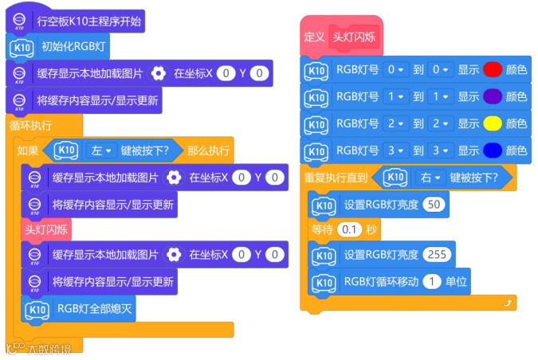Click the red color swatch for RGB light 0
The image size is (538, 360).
[493, 70]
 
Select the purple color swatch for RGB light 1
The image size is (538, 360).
[493, 96]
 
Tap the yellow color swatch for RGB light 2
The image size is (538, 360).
[493, 123]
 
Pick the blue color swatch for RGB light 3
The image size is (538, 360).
[493, 150]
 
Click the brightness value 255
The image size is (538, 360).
[438, 255]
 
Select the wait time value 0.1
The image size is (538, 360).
[349, 229]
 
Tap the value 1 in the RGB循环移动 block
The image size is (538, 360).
[431, 281]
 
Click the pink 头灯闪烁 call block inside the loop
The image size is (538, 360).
[45, 229]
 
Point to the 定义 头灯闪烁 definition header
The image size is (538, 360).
[342, 37]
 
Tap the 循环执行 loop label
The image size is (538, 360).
[31, 125]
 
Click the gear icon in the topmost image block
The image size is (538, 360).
[159, 73]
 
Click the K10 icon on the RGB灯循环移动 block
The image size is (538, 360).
[323, 282]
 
